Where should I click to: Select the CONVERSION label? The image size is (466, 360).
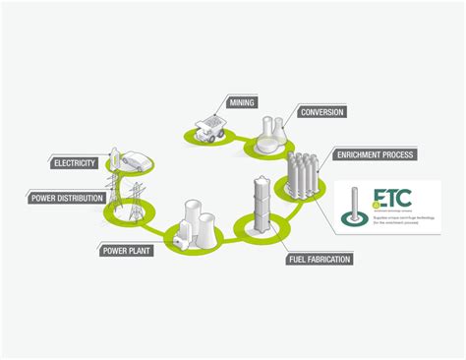pos(321,112)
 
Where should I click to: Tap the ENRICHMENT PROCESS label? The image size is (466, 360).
pos(375,154)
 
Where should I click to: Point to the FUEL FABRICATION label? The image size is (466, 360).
pos(319,260)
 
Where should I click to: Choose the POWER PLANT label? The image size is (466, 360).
pos(126,250)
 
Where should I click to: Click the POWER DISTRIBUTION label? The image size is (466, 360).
pos(60,198)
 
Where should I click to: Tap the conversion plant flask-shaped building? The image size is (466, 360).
pos(267,135)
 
